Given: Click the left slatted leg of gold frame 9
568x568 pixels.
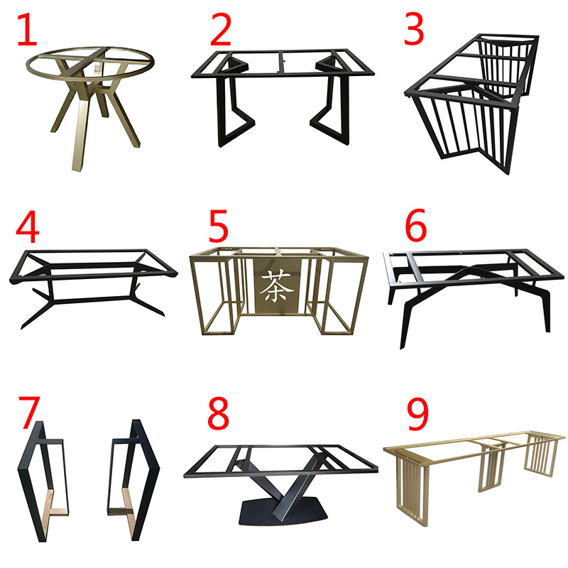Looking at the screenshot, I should (412, 490).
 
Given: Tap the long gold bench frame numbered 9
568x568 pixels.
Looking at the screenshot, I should (476, 461).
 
